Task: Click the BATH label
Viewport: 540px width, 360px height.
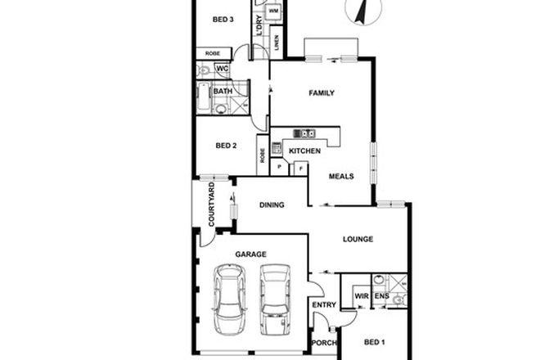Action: [222, 92]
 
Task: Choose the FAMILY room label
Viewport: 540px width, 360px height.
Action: [322, 93]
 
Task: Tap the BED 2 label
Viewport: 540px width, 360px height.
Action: [225, 146]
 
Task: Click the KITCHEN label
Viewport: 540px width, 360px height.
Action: [303, 151]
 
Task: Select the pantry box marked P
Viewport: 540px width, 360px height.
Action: [279, 168]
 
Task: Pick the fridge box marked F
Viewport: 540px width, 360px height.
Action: [300, 168]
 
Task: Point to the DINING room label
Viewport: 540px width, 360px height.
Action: [272, 205]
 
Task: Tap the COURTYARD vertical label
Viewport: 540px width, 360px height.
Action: [211, 205]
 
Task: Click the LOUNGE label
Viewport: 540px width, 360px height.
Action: [358, 239]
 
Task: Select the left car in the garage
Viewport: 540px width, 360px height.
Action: [230, 301]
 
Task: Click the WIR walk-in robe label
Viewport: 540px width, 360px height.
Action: [360, 295]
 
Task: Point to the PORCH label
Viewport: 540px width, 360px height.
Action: [324, 344]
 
